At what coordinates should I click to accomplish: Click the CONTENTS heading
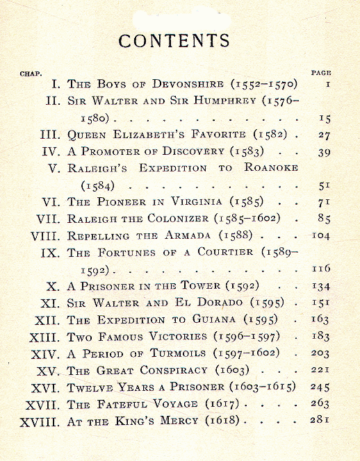point(174,40)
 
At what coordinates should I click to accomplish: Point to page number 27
point(324,135)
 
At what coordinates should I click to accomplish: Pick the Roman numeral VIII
point(46,235)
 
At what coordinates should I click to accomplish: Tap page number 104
point(320,235)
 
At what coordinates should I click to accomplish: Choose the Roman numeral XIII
point(45,337)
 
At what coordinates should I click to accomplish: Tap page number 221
point(320,370)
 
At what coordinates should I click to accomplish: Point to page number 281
point(320,420)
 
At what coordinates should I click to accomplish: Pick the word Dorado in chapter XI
point(232,303)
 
